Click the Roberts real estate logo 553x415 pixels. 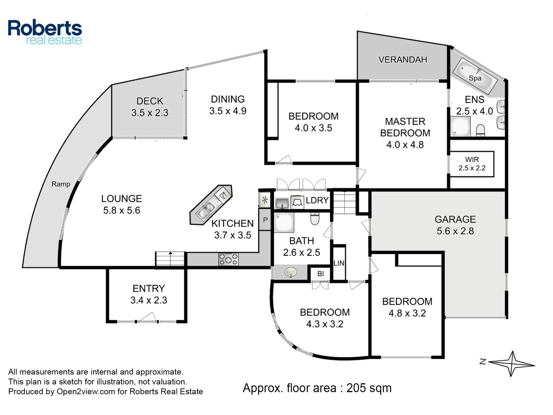click(x=45, y=32)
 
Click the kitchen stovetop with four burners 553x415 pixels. click(x=228, y=260)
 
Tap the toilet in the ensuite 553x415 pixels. click(x=481, y=130)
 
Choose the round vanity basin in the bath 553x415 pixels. click(x=291, y=273)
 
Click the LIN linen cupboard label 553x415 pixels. click(x=339, y=263)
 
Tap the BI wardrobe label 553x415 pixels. click(x=320, y=274)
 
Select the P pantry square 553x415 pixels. click(x=265, y=220)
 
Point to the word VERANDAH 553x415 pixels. click(x=403, y=59)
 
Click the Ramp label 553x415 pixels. click(x=61, y=184)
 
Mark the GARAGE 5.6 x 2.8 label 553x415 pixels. click(x=455, y=225)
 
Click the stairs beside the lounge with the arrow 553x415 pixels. click(x=170, y=259)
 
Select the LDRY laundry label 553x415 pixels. click(x=317, y=200)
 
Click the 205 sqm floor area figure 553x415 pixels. click(x=369, y=388)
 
